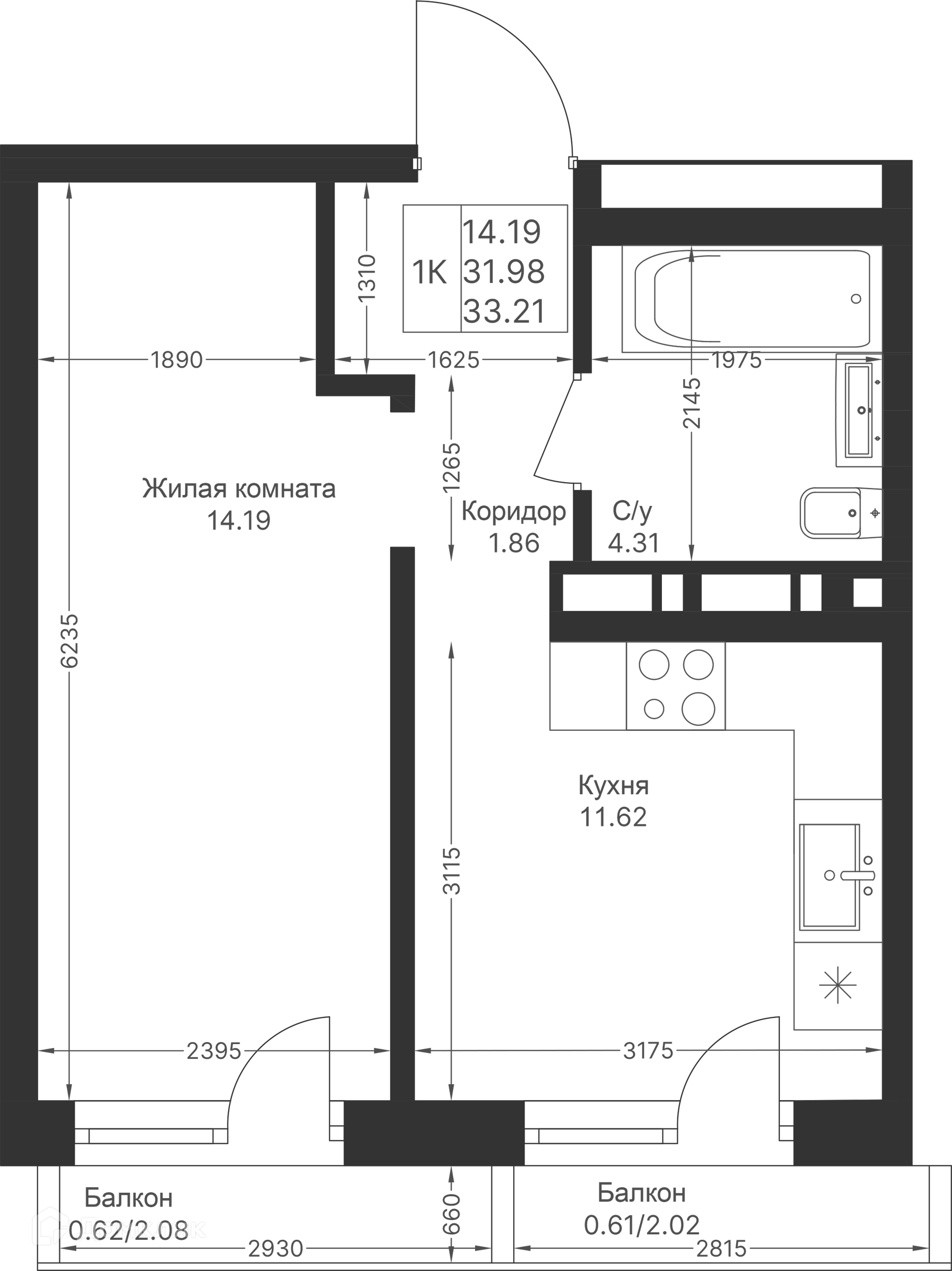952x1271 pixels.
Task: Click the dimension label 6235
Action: click(x=69, y=641)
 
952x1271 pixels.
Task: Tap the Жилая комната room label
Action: click(x=238, y=489)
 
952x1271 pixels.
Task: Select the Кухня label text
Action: click(x=613, y=785)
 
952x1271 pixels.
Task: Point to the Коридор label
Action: click(x=513, y=511)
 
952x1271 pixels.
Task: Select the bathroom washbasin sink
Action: click(x=859, y=410)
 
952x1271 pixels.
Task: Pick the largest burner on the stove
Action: click(x=698, y=709)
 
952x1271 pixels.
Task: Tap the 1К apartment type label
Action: click(x=429, y=273)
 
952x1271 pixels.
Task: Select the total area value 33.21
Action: click(x=504, y=312)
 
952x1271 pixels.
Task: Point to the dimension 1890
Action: click(x=177, y=360)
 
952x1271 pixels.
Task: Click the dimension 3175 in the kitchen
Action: click(x=648, y=1051)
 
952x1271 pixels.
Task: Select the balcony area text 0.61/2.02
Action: click(x=642, y=1225)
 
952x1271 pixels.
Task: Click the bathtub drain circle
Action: click(x=855, y=299)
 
